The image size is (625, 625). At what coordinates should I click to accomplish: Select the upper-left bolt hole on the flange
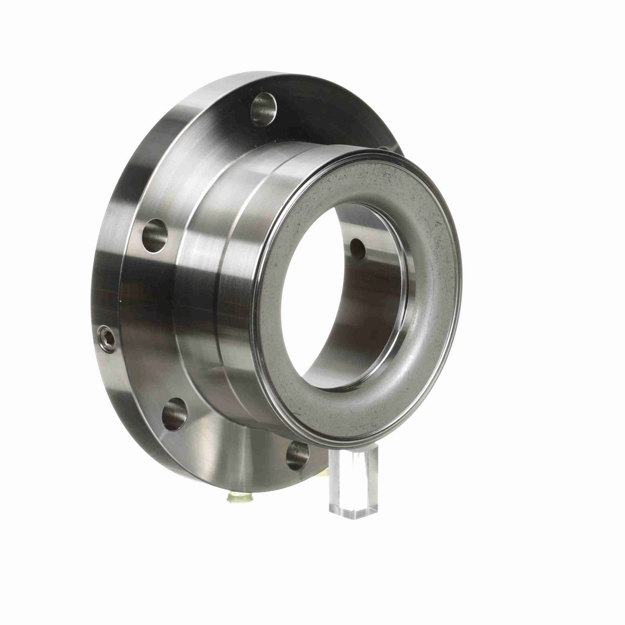155,235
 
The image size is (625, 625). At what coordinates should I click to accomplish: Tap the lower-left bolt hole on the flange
174,414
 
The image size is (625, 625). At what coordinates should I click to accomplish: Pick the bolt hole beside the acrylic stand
297,455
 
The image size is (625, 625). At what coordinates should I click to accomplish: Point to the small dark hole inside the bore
358,249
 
